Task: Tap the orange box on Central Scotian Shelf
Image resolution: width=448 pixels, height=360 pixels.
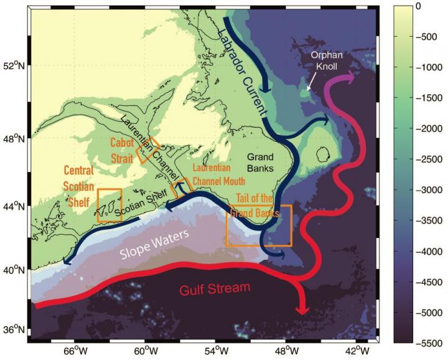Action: click(110, 205)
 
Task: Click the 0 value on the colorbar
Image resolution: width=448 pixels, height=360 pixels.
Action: click(418, 6)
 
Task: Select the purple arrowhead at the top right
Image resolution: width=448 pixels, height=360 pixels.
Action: click(351, 77)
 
